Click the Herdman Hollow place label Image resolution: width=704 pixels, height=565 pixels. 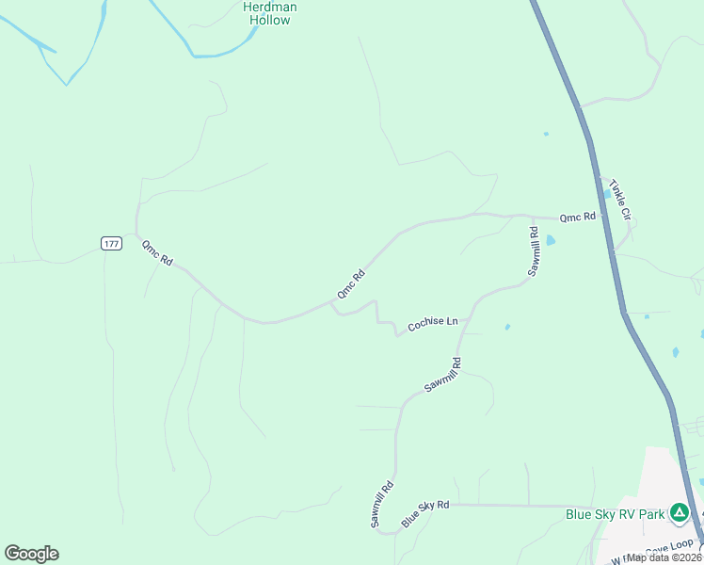pyautogui.click(x=270, y=13)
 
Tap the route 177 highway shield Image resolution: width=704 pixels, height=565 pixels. pyautogui.click(x=111, y=244)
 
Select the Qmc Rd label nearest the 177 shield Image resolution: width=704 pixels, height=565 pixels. pyautogui.click(x=157, y=253)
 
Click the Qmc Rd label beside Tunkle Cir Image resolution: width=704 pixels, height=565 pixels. pyautogui.click(x=578, y=217)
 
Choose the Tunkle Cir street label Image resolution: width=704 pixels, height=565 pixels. pyautogui.click(x=618, y=199)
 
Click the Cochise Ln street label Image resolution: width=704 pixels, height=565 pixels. pyautogui.click(x=432, y=324)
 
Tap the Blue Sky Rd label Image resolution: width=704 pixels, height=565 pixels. pyautogui.click(x=425, y=513)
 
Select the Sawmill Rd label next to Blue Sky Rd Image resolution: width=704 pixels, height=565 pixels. pyautogui.click(x=381, y=504)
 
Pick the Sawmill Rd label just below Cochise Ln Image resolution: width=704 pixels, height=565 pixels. pyautogui.click(x=442, y=374)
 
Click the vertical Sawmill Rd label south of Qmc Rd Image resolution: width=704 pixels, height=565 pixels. pyautogui.click(x=534, y=251)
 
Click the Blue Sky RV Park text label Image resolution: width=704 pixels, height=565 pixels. pyautogui.click(x=615, y=514)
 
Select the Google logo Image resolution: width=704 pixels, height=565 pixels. pyautogui.click(x=31, y=554)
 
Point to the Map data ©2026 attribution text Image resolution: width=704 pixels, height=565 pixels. pyautogui.click(x=664, y=557)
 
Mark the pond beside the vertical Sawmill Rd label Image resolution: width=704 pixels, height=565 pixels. pyautogui.click(x=551, y=240)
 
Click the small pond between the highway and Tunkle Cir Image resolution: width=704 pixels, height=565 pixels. pyautogui.click(x=606, y=193)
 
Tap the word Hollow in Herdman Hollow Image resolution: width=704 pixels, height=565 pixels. pyautogui.click(x=270, y=20)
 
